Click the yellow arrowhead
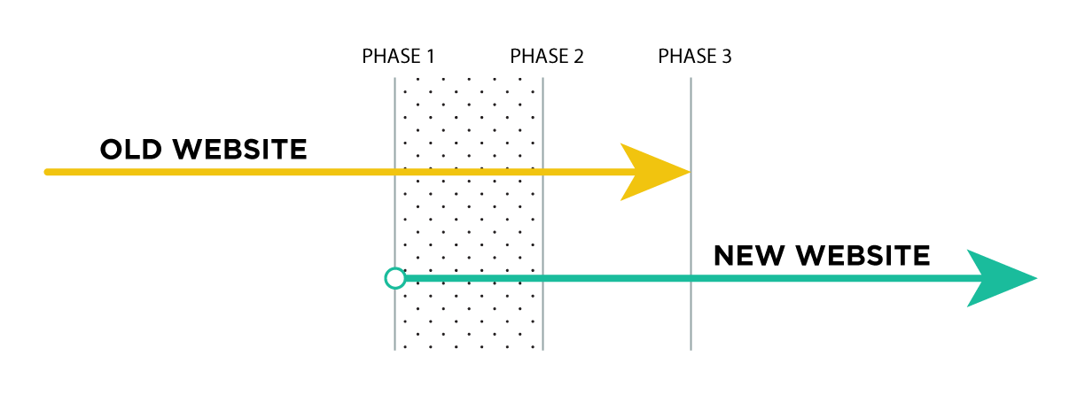point(651,172)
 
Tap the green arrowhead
point(997,278)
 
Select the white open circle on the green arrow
point(395,278)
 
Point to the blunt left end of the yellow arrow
point(48,172)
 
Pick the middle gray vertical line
point(542,221)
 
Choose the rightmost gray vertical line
point(691,221)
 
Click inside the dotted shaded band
point(469,221)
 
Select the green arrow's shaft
point(798,278)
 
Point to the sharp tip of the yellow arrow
point(690,172)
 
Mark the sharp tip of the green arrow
point(1036,278)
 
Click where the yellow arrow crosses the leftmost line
point(395,172)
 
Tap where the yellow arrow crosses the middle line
point(542,172)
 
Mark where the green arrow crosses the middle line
point(542,278)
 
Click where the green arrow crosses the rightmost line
point(691,278)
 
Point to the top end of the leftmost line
point(395,79)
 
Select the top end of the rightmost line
point(691,79)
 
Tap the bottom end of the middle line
point(542,349)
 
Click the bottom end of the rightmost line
point(691,349)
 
